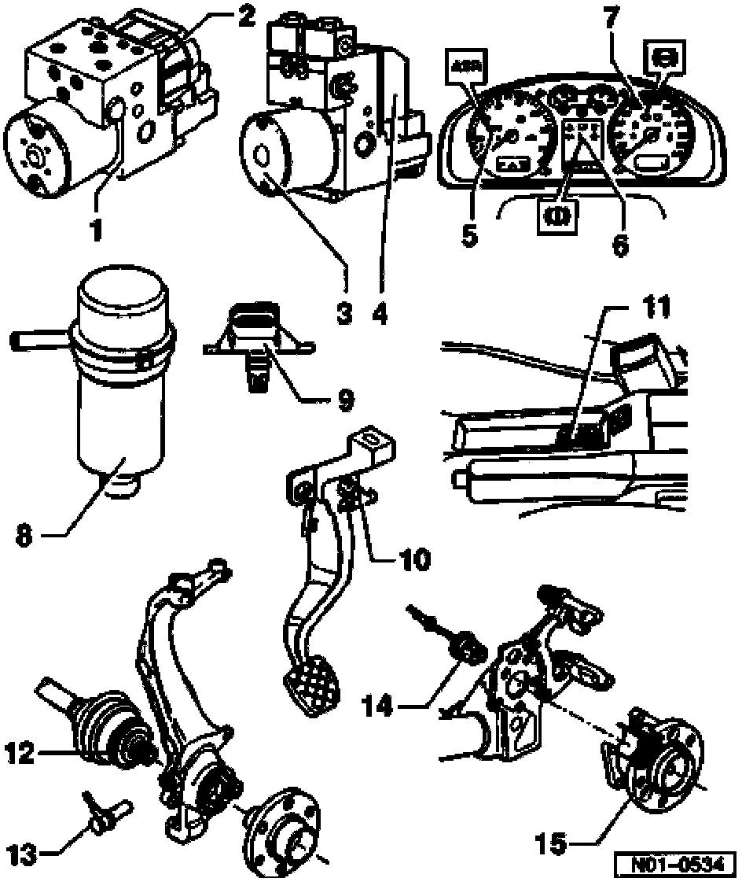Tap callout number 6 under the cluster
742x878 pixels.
(x=621, y=245)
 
